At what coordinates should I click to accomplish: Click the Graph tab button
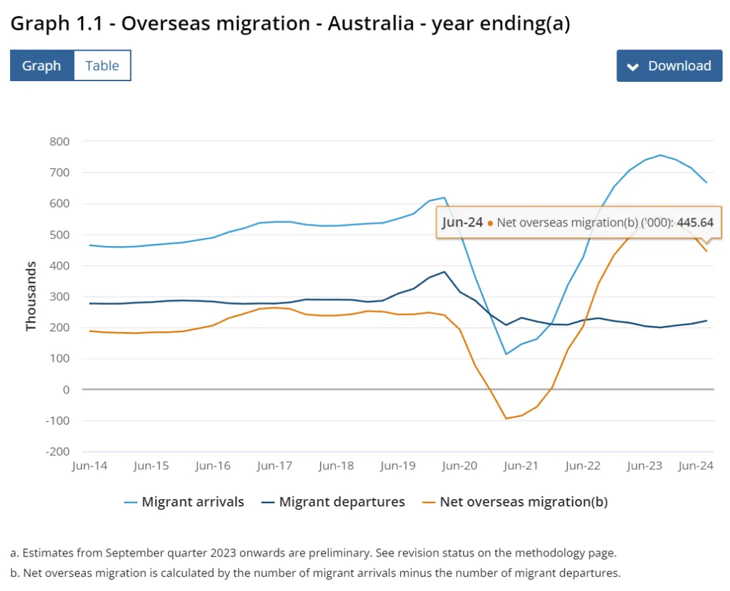point(41,66)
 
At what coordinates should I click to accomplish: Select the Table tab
point(102,66)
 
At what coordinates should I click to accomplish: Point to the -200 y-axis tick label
point(57,452)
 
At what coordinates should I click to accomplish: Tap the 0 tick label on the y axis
point(66,389)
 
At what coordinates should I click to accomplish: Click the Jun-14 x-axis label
point(89,466)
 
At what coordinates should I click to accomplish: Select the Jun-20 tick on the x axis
point(460,466)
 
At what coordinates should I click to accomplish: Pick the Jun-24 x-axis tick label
point(696,466)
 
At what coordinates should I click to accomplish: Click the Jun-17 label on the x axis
point(274,466)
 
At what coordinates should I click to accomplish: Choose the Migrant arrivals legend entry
point(193,502)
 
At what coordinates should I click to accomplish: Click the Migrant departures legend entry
point(341,502)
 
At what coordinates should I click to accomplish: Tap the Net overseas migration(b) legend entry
point(524,502)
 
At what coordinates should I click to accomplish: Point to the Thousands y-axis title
point(31,297)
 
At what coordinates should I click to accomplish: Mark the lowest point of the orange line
point(506,419)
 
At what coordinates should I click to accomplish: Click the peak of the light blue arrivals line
point(660,155)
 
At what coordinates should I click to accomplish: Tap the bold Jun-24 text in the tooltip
point(462,222)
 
